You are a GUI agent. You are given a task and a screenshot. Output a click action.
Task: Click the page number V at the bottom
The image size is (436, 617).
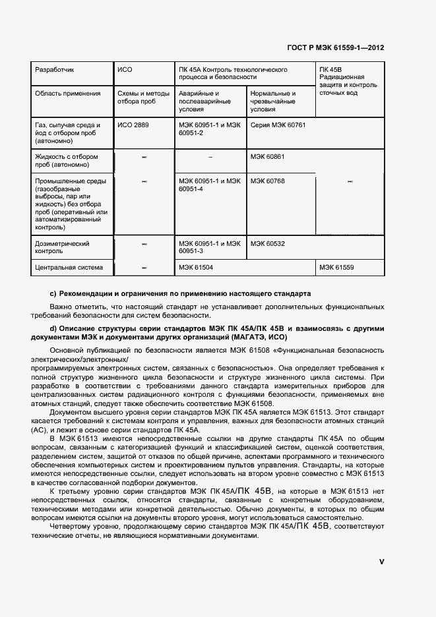point(381,562)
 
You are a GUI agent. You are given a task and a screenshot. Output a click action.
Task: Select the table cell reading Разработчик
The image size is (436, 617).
point(54,69)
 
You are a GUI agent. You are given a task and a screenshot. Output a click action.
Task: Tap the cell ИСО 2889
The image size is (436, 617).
point(134,125)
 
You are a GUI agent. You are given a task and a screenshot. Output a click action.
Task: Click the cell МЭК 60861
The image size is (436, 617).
point(266,157)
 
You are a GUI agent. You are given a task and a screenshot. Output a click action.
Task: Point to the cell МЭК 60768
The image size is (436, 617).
point(266,181)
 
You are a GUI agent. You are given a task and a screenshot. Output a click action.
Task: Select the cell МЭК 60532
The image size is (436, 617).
point(266,244)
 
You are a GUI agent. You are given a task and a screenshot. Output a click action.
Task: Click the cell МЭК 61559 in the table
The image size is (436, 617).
point(337,268)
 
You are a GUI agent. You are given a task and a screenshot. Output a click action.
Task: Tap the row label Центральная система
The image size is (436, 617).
point(69,268)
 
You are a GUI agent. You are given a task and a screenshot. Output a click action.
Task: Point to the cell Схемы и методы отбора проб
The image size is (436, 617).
point(142,98)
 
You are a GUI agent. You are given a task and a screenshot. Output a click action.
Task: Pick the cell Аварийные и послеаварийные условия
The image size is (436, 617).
point(204,102)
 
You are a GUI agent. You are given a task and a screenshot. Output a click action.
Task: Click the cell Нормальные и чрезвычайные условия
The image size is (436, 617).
point(273,102)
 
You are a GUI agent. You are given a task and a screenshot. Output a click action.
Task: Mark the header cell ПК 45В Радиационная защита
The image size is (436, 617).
point(348,81)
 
